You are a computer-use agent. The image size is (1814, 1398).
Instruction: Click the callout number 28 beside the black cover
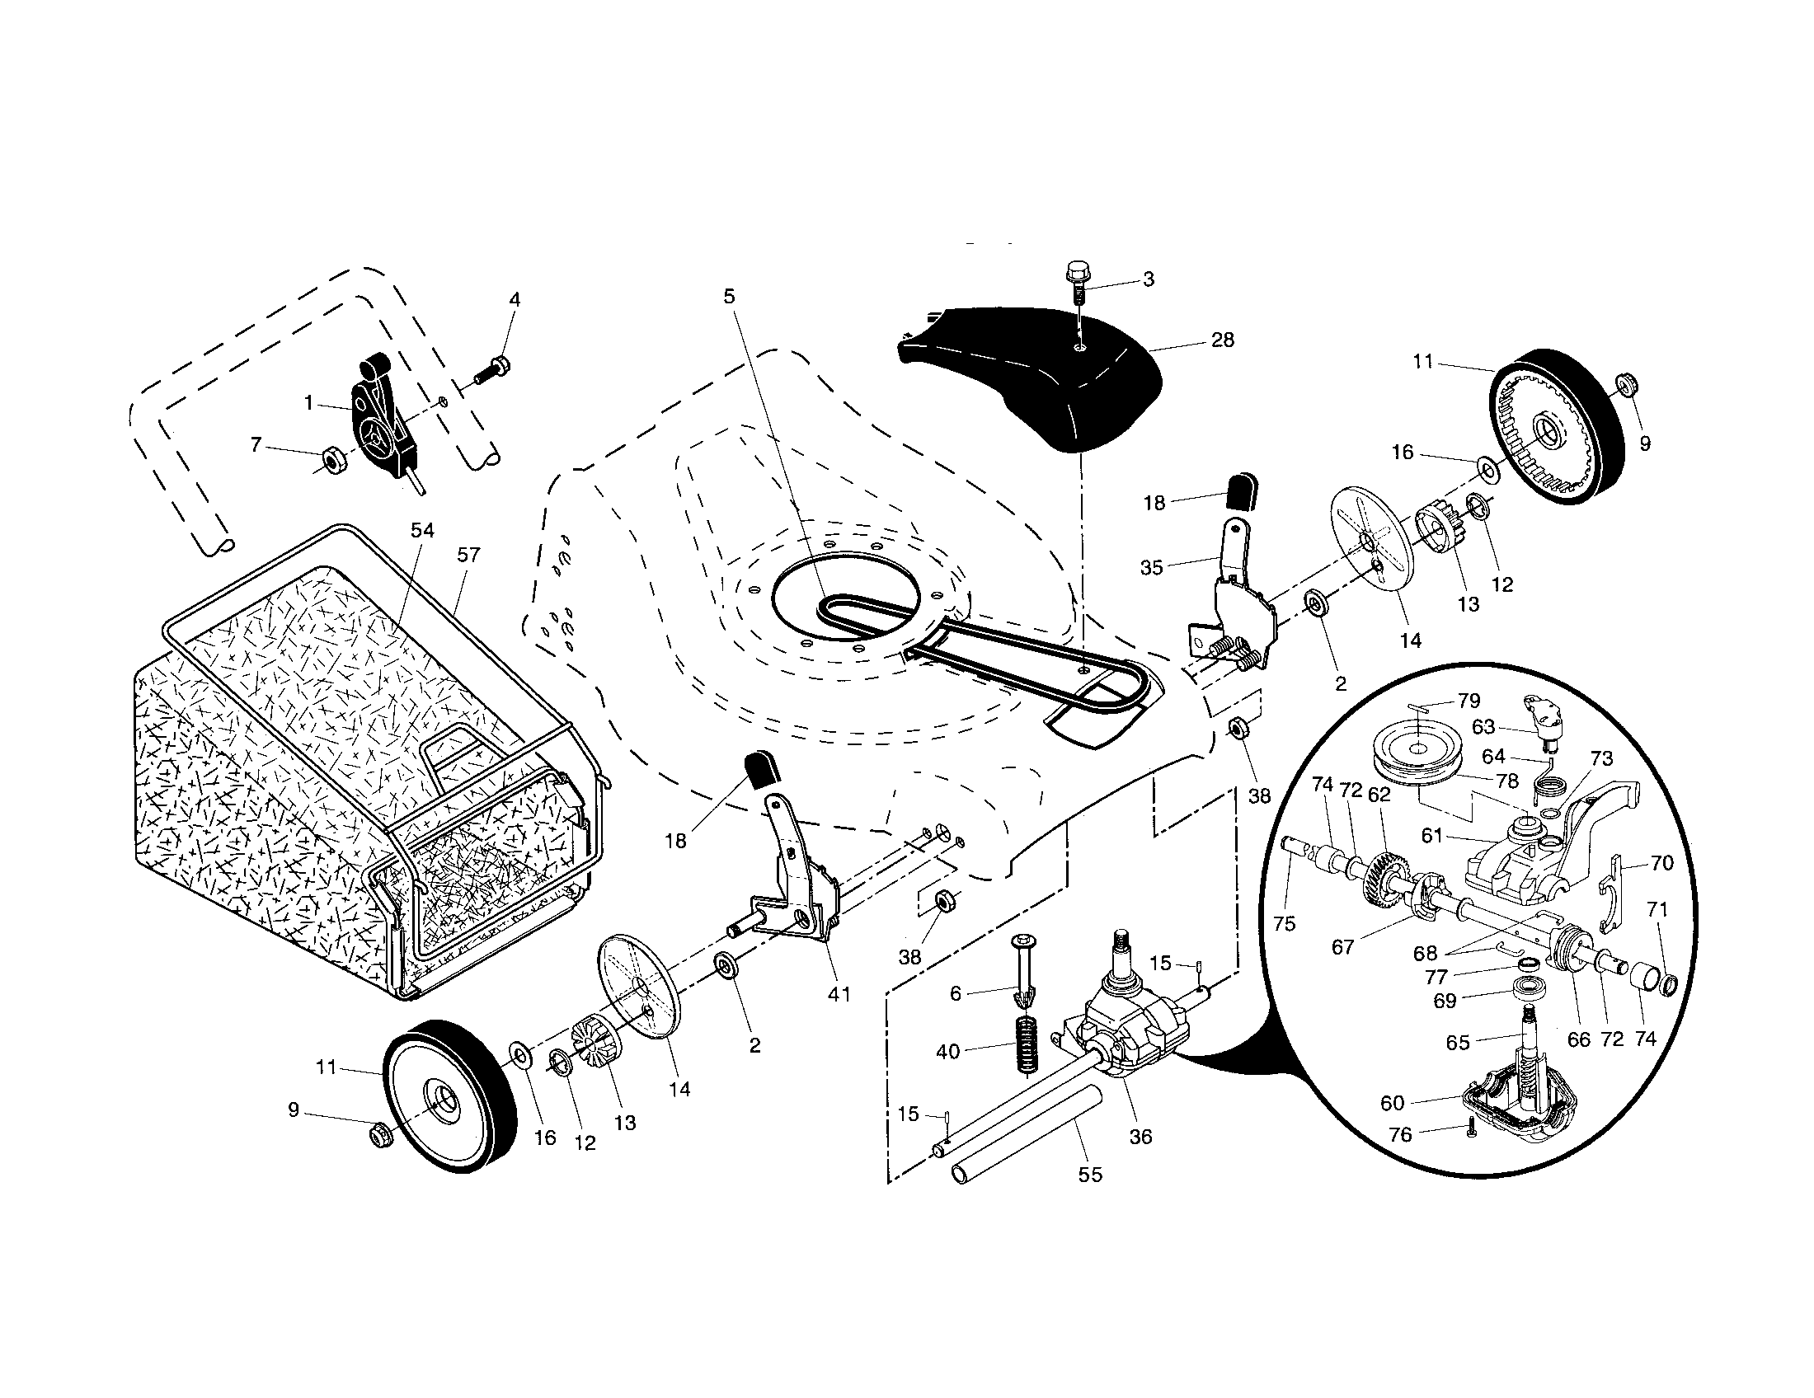pos(1222,340)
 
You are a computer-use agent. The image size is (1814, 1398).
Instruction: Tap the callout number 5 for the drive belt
pos(729,297)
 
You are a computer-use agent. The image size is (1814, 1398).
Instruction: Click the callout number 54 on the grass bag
pos(422,531)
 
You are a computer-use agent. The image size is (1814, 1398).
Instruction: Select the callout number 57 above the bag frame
pos(468,555)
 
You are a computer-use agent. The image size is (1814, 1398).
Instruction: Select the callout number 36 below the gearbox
pos(1141,1137)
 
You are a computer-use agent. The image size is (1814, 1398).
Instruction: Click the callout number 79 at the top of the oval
pos(1469,701)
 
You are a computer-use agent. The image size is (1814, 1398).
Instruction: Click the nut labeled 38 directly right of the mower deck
pos(1237,729)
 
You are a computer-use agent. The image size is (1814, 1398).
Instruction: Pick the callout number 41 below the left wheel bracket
pos(839,993)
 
